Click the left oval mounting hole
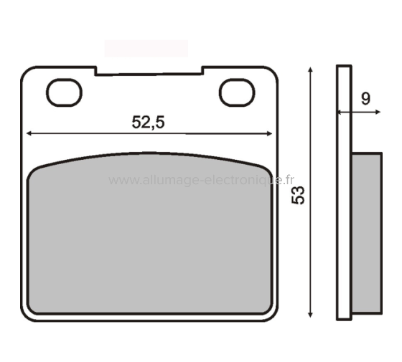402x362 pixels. [x=64, y=91]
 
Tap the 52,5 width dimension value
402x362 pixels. [x=149, y=123]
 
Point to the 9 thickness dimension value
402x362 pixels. [x=365, y=99]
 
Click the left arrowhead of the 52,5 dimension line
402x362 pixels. [x=29, y=133]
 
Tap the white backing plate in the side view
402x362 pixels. [x=343, y=215]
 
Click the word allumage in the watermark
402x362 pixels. [x=167, y=181]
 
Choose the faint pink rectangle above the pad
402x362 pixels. [x=146, y=49]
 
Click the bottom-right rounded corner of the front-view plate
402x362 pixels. [x=271, y=314]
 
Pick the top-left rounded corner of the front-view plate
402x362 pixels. [x=27, y=72]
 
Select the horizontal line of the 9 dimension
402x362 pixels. [x=359, y=113]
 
